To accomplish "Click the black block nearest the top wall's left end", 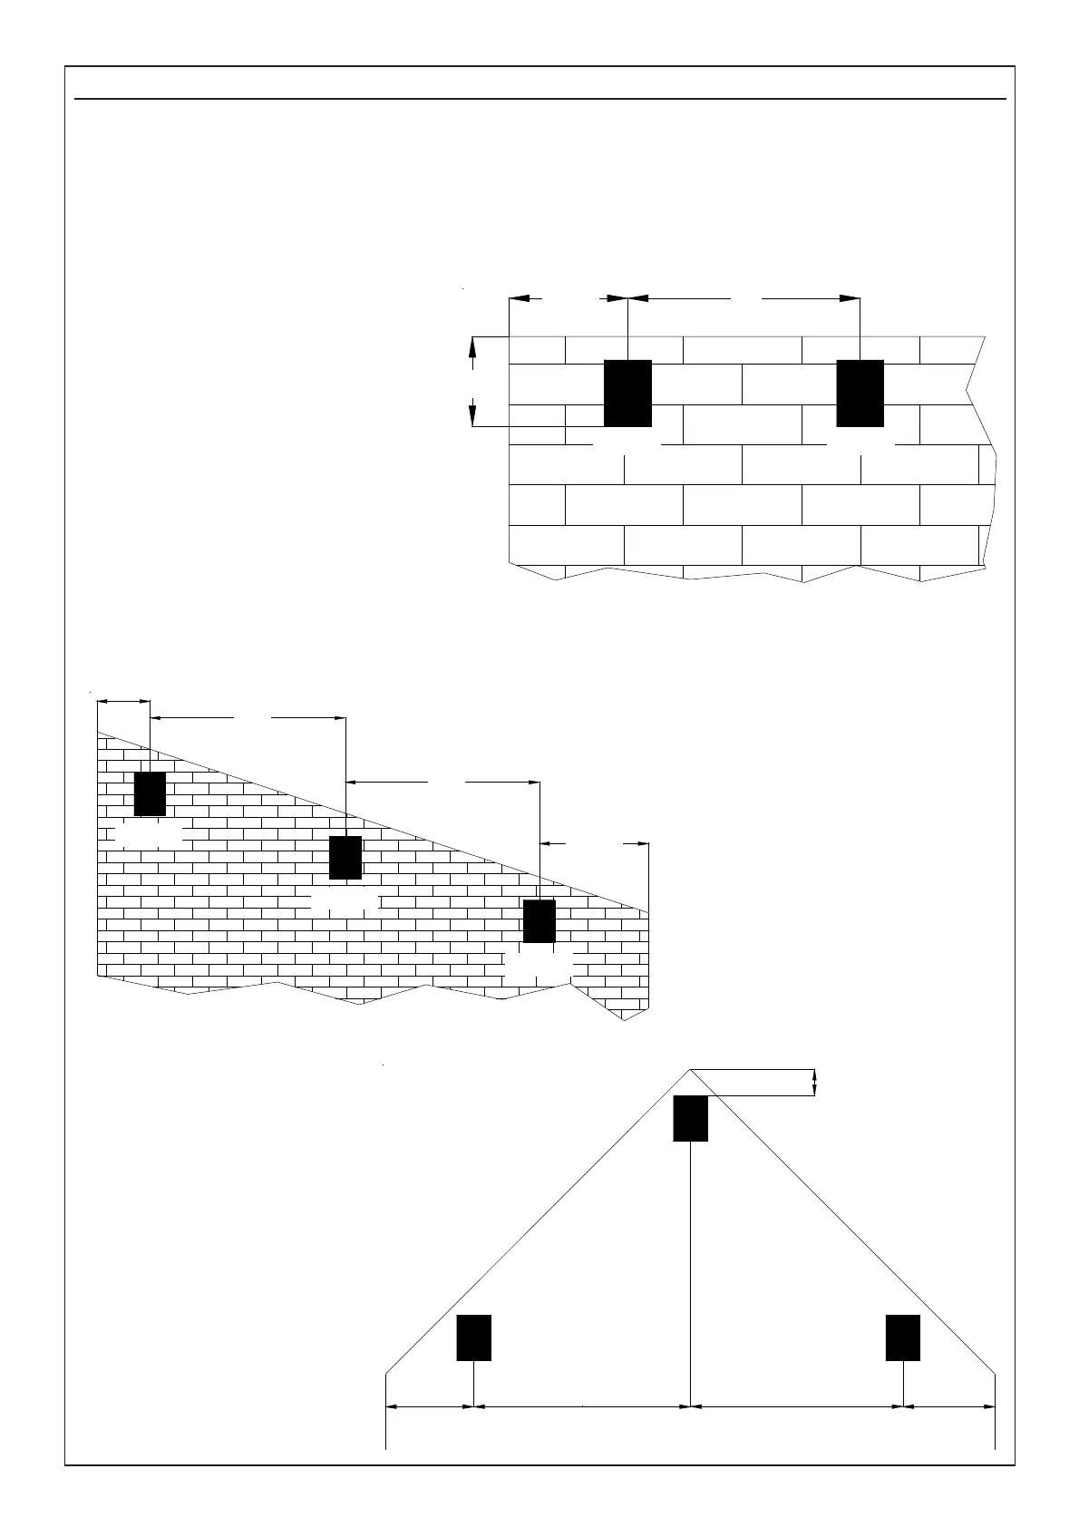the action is click(x=627, y=393).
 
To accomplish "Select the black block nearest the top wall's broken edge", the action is click(x=860, y=393).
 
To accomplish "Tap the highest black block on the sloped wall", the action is click(x=150, y=793).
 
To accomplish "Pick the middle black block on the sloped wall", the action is click(x=345, y=857).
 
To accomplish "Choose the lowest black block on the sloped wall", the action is click(x=539, y=921).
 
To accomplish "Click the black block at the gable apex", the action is click(x=690, y=1118).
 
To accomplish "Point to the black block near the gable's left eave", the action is click(x=473, y=1337).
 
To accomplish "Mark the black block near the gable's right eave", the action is click(x=903, y=1337).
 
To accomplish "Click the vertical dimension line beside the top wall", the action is click(x=472, y=381).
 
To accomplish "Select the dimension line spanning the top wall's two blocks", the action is click(x=744, y=297).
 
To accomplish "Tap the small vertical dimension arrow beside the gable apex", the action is click(x=814, y=1083).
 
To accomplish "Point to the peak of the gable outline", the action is click(x=690, y=1070).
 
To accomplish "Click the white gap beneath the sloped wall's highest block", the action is click(x=150, y=836).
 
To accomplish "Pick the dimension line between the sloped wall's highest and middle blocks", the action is click(x=248, y=718).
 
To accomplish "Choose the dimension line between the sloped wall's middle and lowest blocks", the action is click(x=442, y=781).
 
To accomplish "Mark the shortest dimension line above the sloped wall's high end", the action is click(x=123, y=700).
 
